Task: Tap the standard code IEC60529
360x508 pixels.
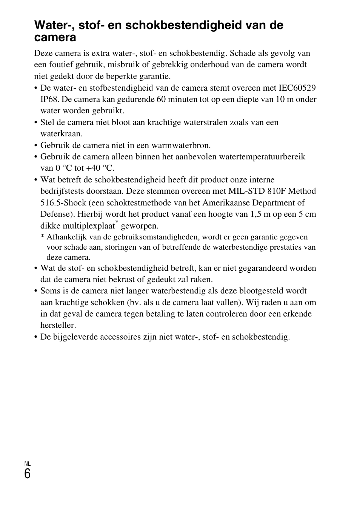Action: click(297, 88)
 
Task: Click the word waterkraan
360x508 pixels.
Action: click(61, 134)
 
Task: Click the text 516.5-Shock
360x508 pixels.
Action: click(63, 203)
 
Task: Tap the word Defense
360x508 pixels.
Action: click(55, 214)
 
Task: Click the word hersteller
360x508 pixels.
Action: click(58, 325)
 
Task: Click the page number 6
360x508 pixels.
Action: click(27, 474)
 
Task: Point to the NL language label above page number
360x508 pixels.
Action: click(27, 464)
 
